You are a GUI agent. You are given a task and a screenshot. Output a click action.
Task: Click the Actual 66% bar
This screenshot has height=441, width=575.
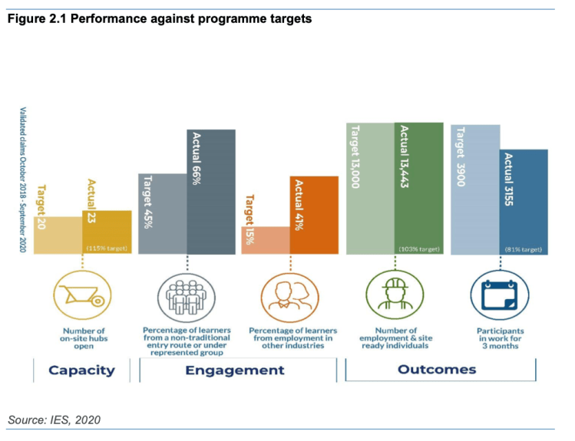tap(211, 191)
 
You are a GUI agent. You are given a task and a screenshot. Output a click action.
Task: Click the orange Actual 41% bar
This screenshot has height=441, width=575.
tap(313, 214)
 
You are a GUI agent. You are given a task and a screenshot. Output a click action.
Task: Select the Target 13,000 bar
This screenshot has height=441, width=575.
tap(370, 188)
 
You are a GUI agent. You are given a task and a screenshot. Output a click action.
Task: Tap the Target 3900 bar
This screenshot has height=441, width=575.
tap(475, 188)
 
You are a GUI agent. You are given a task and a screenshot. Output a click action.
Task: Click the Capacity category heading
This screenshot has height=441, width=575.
tap(81, 370)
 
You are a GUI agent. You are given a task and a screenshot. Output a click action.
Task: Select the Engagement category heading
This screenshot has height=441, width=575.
tap(236, 370)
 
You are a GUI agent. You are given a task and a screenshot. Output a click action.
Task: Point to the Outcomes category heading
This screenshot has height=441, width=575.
tap(437, 370)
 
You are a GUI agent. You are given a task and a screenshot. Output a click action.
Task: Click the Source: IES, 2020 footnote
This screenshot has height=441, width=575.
tap(55, 420)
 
